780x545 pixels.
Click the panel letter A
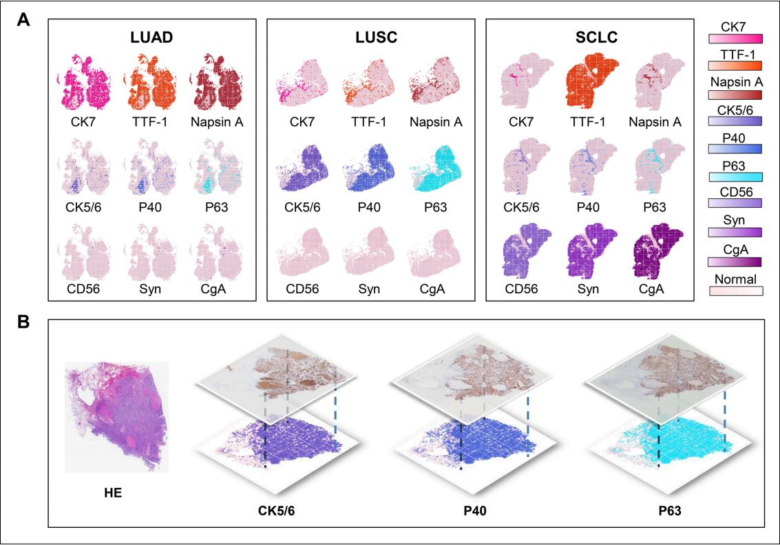pos(23,21)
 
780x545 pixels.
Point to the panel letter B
pos(23,322)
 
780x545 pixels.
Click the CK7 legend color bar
pos(736,39)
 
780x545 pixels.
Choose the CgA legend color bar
pos(736,261)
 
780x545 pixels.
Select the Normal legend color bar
pos(736,291)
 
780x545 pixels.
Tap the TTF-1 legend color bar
pos(736,66)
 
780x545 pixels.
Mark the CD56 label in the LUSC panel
pos(303,288)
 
